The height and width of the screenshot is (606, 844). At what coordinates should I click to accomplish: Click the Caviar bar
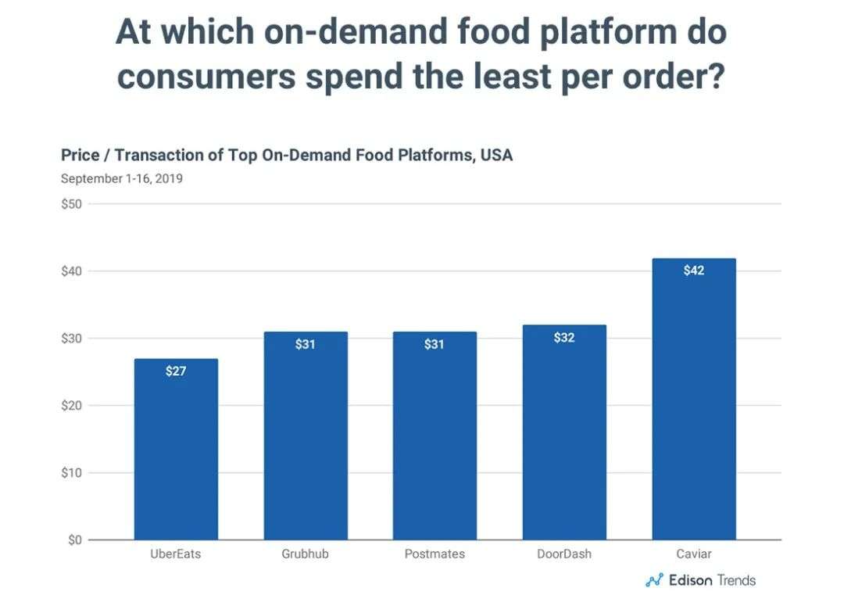tap(693, 399)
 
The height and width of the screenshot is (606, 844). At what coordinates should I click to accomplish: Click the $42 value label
tap(693, 271)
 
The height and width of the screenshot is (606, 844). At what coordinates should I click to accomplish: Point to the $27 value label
tap(176, 371)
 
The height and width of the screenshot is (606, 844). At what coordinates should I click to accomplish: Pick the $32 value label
tap(564, 338)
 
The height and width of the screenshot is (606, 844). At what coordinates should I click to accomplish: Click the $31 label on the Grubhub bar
tap(306, 344)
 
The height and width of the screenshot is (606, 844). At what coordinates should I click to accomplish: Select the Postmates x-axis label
tap(435, 554)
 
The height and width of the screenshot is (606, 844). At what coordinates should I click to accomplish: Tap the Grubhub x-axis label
tap(306, 554)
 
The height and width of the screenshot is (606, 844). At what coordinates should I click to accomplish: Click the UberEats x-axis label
tap(176, 554)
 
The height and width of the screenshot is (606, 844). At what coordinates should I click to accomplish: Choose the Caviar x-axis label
tap(693, 554)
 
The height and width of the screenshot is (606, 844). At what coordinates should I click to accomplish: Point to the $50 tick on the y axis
tap(72, 204)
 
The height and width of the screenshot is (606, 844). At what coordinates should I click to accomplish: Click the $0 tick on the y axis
tap(75, 540)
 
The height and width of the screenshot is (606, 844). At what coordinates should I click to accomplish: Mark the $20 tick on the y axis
tap(72, 405)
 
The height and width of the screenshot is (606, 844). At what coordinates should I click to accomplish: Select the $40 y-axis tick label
tap(72, 271)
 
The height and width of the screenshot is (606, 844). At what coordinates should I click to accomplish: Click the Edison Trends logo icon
tap(653, 580)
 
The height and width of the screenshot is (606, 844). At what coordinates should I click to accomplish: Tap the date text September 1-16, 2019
tap(121, 178)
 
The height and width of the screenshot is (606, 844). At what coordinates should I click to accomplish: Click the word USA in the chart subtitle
tap(497, 155)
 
